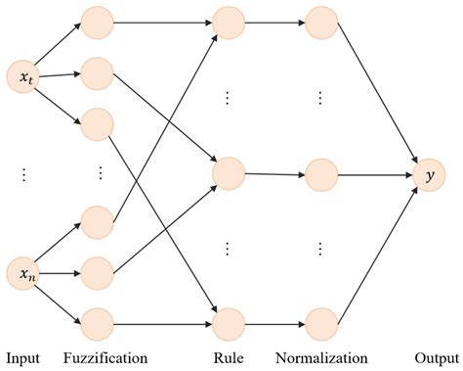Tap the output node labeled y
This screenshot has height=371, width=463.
[426, 175]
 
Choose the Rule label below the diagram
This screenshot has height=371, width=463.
[228, 357]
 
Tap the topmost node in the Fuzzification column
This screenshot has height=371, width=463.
[97, 21]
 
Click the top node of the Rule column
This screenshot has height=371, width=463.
[228, 21]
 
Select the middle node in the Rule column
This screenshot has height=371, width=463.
[228, 173]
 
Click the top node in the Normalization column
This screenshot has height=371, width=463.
[321, 21]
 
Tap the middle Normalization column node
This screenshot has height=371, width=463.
[321, 176]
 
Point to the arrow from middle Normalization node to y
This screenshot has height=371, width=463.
[374, 176]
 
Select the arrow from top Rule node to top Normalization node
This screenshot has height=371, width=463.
[274, 21]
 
